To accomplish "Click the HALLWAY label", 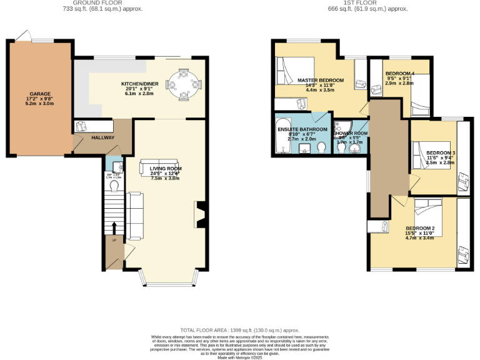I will pos(103,137).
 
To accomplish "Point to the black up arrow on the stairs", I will pos(114,227).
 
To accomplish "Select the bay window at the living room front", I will pos(167,280).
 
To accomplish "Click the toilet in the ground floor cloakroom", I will pos(114,186).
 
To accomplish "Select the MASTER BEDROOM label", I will pos(320,80).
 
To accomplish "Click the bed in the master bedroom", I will pos(289,71).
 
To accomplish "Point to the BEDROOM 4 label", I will pos(399,74).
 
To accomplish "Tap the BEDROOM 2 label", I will pos(419,228).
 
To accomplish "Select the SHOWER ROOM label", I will pos(350,132).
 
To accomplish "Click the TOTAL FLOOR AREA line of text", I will pos(239,329).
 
